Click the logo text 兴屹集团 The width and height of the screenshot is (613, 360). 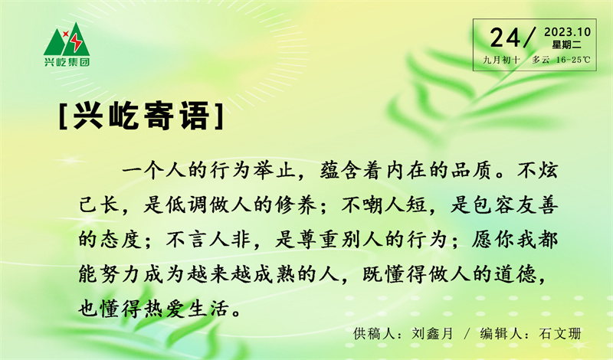coord(67,62)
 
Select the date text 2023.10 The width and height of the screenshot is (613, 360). coord(567,31)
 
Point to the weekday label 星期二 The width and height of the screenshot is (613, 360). coord(567,44)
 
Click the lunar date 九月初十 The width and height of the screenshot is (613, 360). coord(501,60)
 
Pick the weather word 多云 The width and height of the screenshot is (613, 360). coord(541,60)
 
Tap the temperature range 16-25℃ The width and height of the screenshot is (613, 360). coord(575,60)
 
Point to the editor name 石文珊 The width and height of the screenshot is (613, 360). coord(560,333)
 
